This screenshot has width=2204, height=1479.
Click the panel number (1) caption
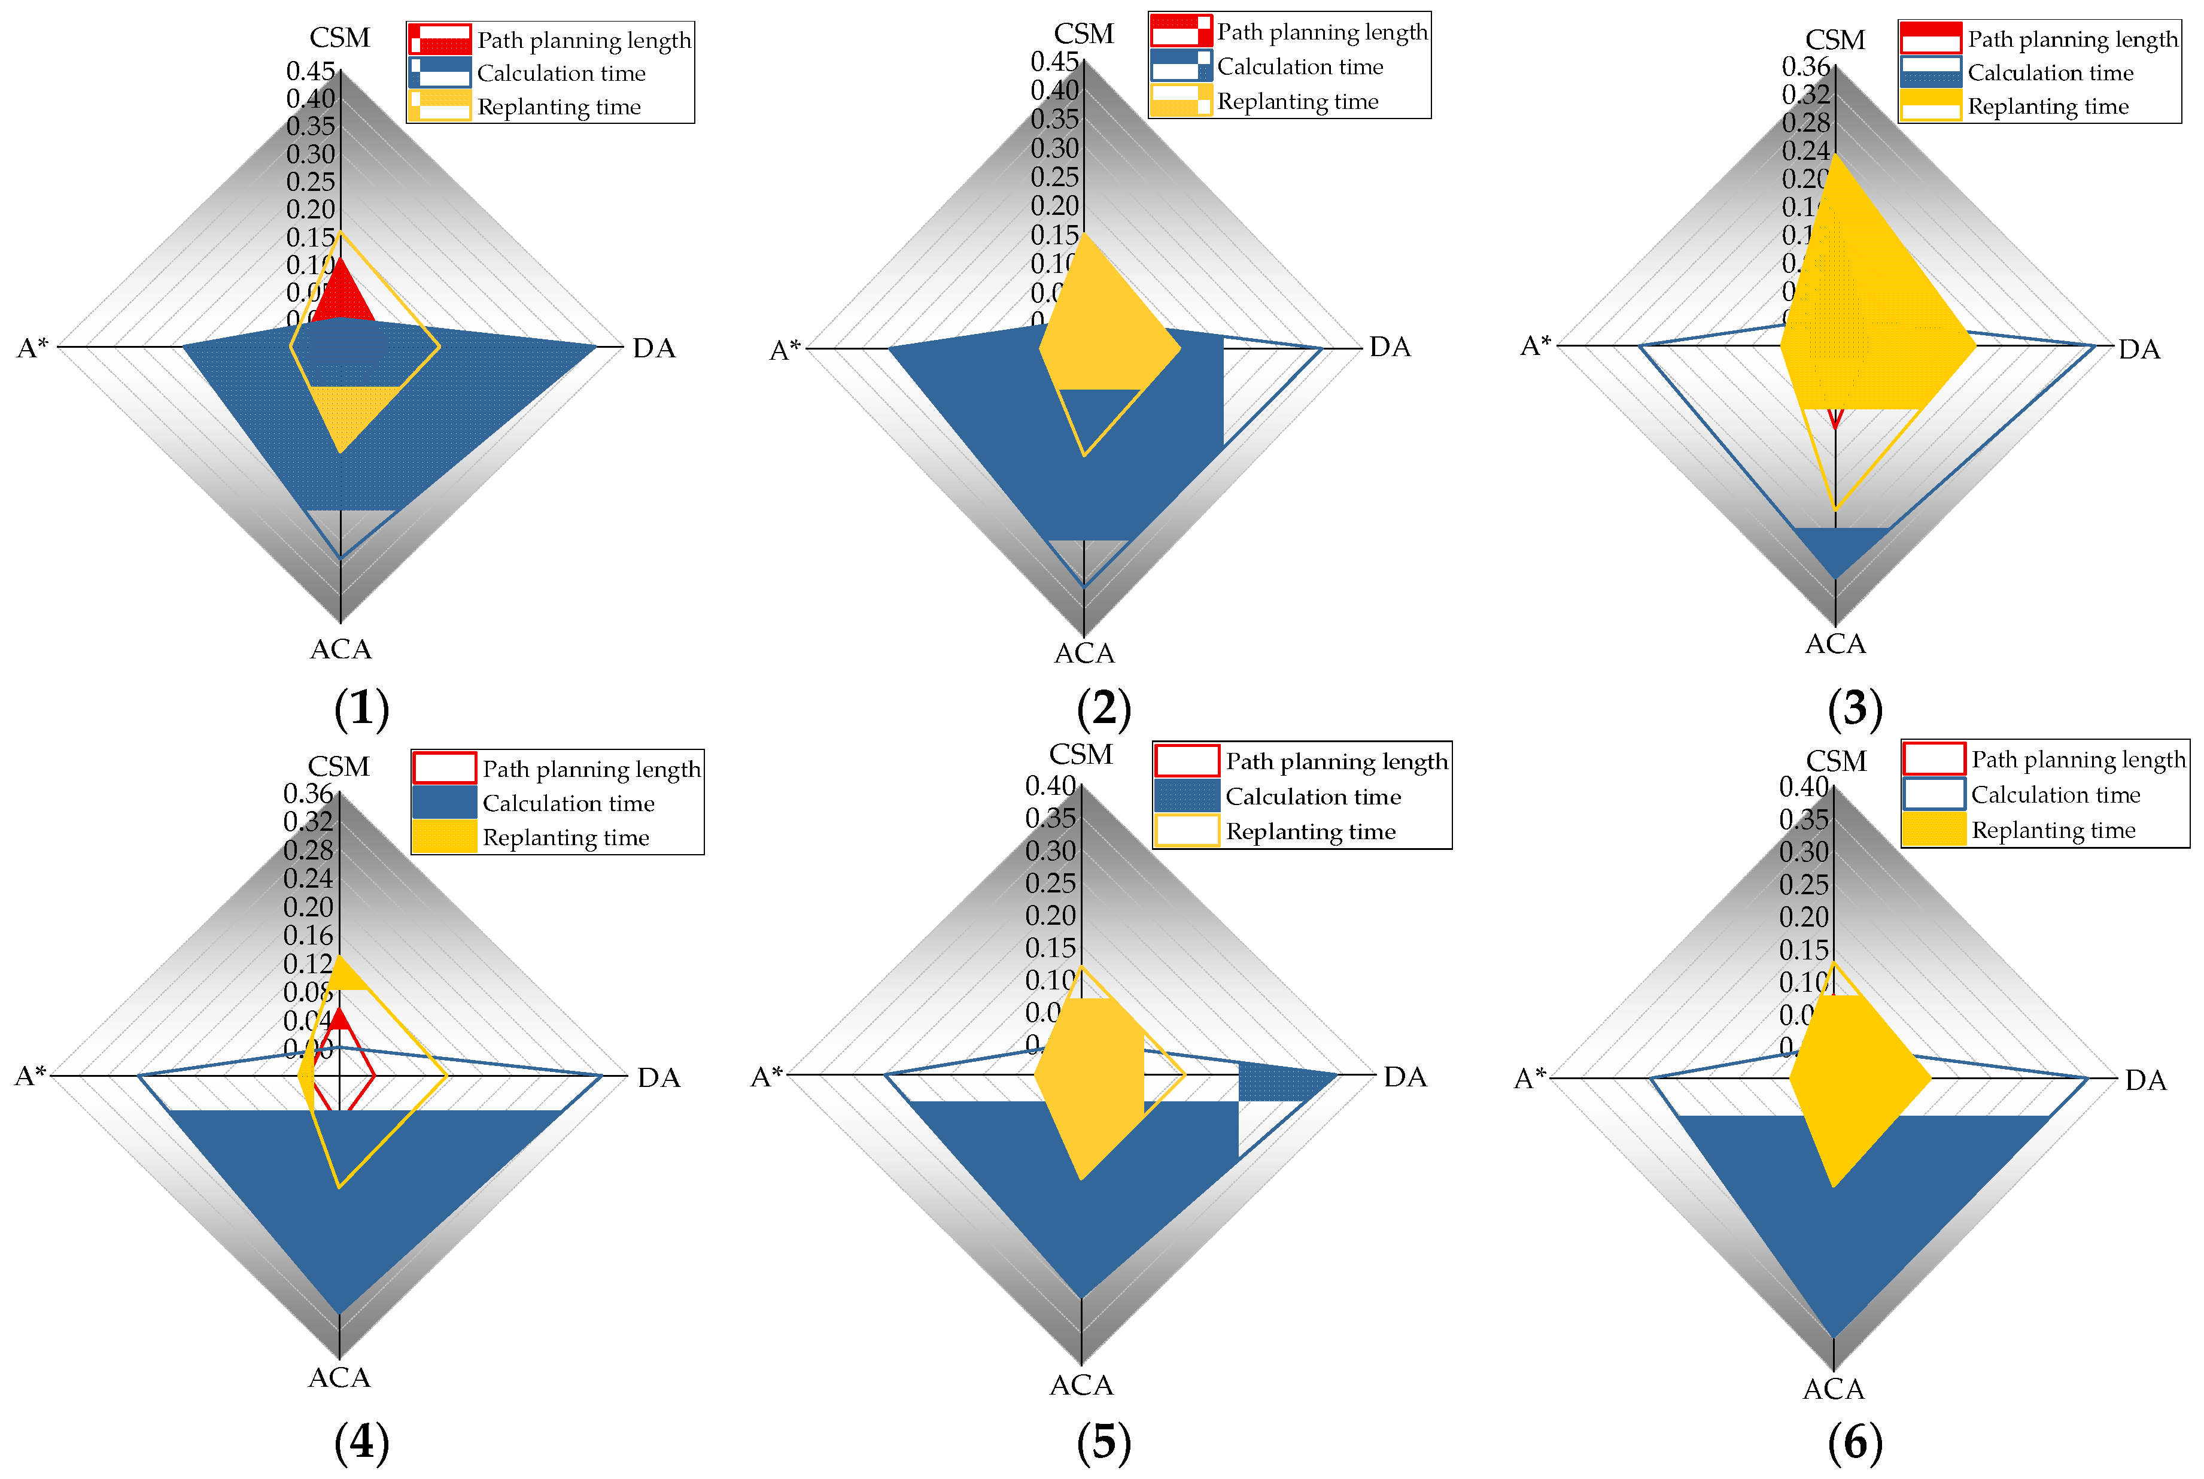(x=361, y=708)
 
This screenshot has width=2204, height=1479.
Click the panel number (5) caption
(x=1103, y=1442)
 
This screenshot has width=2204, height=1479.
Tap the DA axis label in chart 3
(x=2138, y=350)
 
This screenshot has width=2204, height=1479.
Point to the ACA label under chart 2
(x=1084, y=653)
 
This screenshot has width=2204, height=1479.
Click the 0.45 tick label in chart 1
(x=310, y=71)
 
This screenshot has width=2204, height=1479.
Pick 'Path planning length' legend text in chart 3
(x=2071, y=39)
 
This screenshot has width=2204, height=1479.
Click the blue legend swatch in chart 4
(x=443, y=803)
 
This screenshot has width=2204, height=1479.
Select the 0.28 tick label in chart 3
(x=1804, y=123)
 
